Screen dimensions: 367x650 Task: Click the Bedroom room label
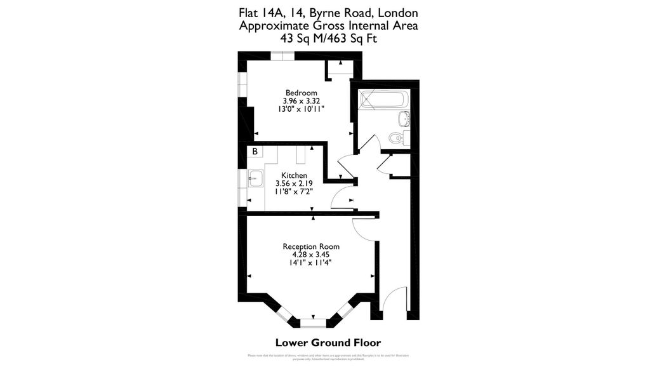point(301,93)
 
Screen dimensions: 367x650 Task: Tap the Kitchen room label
point(294,175)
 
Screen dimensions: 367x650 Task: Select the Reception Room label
point(311,246)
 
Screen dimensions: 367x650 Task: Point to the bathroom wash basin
point(403,119)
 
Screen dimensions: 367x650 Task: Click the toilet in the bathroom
point(396,137)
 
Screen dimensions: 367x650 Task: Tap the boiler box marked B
point(255,152)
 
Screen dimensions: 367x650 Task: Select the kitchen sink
point(256,178)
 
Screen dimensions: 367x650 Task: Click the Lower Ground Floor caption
point(328,343)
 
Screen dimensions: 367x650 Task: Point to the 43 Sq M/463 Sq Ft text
point(328,38)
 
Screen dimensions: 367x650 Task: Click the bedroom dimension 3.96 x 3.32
point(301,101)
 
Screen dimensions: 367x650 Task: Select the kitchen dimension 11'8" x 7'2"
point(294,191)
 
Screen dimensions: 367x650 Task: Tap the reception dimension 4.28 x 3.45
point(311,255)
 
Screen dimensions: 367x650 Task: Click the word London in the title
point(399,13)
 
